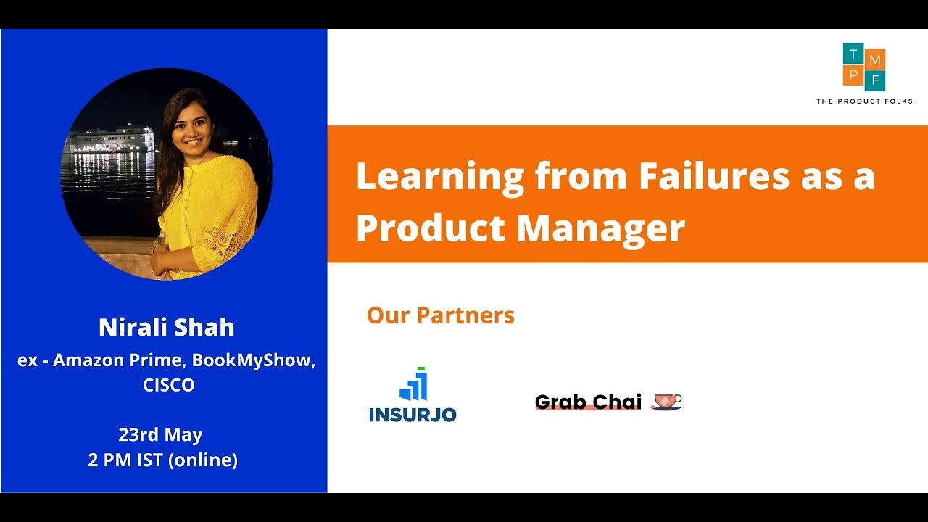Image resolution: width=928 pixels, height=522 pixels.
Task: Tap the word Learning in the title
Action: [439, 178]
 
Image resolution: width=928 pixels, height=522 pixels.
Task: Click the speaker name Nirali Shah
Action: [167, 327]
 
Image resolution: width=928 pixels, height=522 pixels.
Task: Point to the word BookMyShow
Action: [253, 360]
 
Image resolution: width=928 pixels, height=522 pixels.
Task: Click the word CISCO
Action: [169, 385]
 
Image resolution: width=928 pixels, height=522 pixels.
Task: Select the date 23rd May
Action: [160, 435]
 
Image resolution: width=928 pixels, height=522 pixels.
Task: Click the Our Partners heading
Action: [441, 315]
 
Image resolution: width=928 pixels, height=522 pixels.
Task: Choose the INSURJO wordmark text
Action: [413, 415]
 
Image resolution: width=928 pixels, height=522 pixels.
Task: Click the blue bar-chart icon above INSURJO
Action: [413, 386]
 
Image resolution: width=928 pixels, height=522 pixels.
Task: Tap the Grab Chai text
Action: [588, 402]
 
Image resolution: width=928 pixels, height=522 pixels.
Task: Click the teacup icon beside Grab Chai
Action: [666, 401]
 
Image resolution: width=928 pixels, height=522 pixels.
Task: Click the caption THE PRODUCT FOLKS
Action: [864, 101]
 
